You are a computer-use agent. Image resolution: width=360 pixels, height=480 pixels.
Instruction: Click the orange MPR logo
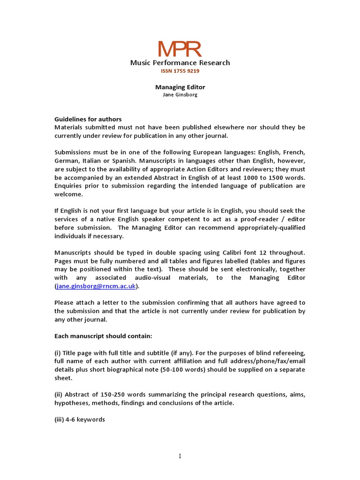tap(180, 49)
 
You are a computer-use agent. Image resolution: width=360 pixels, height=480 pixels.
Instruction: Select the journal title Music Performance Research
tap(180, 63)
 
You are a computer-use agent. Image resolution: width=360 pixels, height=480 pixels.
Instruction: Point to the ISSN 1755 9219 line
tap(180, 71)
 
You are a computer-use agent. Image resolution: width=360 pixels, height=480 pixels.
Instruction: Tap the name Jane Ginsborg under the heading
tap(180, 95)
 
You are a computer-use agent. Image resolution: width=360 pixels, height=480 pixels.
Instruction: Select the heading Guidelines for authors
tap(88, 119)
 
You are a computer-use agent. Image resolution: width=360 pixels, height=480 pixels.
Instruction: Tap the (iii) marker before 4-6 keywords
tap(61, 420)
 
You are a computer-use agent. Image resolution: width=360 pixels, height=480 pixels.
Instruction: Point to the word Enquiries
tap(71, 186)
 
